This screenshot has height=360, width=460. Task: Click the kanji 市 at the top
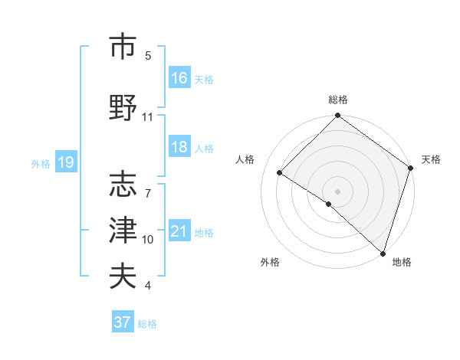123,47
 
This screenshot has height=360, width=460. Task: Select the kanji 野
123,107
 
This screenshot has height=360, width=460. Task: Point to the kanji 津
123,230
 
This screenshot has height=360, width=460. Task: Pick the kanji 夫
123,275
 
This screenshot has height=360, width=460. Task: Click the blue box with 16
179,77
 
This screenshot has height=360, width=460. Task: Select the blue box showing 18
179,148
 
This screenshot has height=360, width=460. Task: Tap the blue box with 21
179,232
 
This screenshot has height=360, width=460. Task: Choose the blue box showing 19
66,162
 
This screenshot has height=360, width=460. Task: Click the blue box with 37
123,322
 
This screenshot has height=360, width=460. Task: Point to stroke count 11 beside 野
148,117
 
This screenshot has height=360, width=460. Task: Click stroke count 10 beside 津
148,240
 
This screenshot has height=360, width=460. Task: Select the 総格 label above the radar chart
338,100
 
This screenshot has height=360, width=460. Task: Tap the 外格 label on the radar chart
270,262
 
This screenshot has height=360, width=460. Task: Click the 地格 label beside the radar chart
402,262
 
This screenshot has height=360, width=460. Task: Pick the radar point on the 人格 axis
280,173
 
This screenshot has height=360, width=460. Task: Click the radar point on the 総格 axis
338,116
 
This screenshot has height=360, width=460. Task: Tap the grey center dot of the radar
338,191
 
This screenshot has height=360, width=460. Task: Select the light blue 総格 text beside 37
147,324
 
